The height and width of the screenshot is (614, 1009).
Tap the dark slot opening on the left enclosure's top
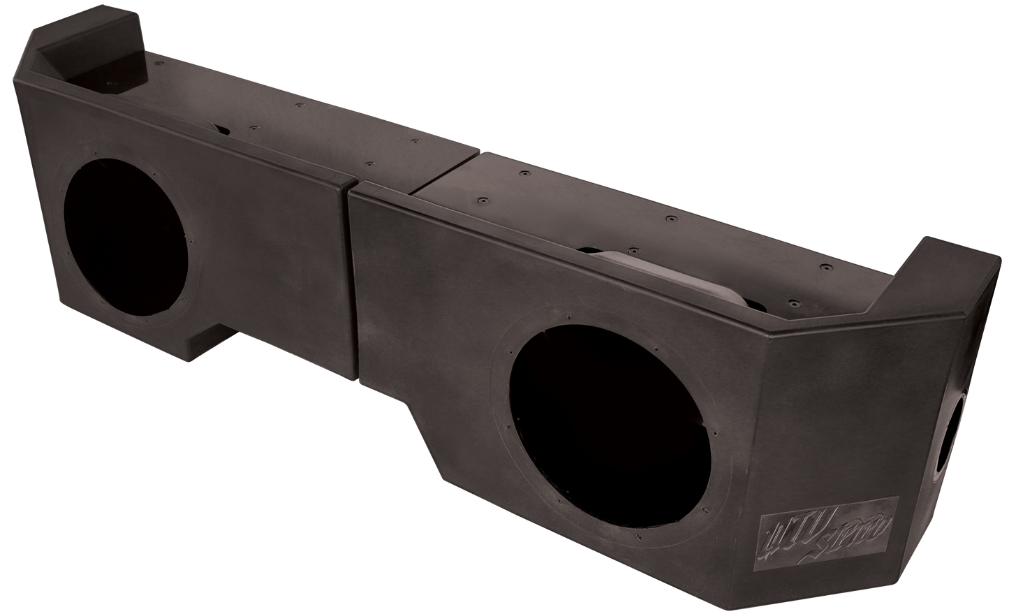[x=222, y=129]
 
